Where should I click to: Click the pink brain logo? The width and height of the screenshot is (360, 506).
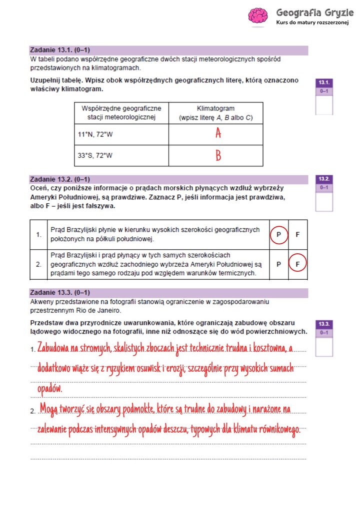(x=258, y=15)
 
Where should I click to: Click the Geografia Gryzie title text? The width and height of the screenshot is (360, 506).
(x=314, y=12)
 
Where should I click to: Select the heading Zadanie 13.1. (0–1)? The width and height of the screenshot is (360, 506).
(x=60, y=50)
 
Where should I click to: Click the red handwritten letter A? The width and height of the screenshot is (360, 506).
(x=218, y=133)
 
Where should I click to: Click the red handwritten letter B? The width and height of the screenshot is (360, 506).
(x=218, y=156)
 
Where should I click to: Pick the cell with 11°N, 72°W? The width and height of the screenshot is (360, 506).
(x=95, y=134)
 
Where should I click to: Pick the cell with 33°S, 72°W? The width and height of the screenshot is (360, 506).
(x=95, y=156)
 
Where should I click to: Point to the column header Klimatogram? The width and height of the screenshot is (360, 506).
(x=215, y=108)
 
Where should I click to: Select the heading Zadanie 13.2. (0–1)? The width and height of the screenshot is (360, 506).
(x=60, y=179)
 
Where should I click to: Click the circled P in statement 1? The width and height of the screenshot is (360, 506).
(x=279, y=234)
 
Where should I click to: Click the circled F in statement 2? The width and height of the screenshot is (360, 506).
(x=297, y=264)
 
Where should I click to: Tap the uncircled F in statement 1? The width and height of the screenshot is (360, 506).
(x=297, y=234)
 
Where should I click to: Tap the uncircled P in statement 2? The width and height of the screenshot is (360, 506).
(x=279, y=264)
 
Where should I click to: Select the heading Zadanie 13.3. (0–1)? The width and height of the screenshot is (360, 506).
(x=60, y=292)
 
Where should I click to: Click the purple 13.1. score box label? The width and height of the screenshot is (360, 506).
(x=323, y=82)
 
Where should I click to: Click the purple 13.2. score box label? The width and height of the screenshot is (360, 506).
(x=323, y=178)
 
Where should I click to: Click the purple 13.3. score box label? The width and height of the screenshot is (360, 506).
(x=323, y=324)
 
